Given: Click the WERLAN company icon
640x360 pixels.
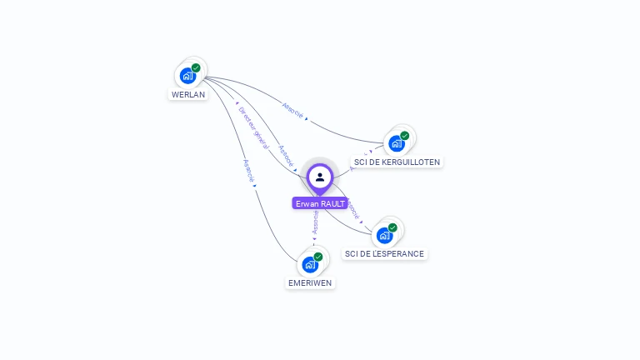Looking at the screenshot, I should coord(187,76).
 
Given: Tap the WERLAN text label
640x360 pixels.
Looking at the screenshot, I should coord(188,95).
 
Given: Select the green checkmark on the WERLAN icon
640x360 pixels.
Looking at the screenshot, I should coord(196,67).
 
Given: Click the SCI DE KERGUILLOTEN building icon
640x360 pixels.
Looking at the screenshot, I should coord(397,143).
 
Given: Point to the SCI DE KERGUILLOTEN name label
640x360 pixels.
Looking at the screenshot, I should coord(397,162).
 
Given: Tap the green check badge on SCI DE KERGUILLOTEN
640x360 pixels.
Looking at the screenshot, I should coord(405,136).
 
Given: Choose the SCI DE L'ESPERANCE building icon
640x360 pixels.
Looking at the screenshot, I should coord(384,235).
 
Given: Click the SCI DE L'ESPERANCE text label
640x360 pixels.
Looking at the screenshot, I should coord(384,253).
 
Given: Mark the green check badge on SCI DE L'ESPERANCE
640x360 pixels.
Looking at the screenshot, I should coord(392,227).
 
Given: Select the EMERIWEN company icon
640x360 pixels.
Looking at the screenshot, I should coord(310,265).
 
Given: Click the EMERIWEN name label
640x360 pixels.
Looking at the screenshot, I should coord(310,282).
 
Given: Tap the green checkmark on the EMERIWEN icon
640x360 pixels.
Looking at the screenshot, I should coord(318,257).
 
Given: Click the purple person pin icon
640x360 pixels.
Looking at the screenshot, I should coord(320,177).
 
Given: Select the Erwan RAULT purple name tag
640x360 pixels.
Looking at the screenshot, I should coord(320,203).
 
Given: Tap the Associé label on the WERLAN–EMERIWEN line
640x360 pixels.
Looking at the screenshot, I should coord(248,170).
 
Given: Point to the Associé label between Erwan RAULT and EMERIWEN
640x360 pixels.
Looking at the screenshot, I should coord(316,221).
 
